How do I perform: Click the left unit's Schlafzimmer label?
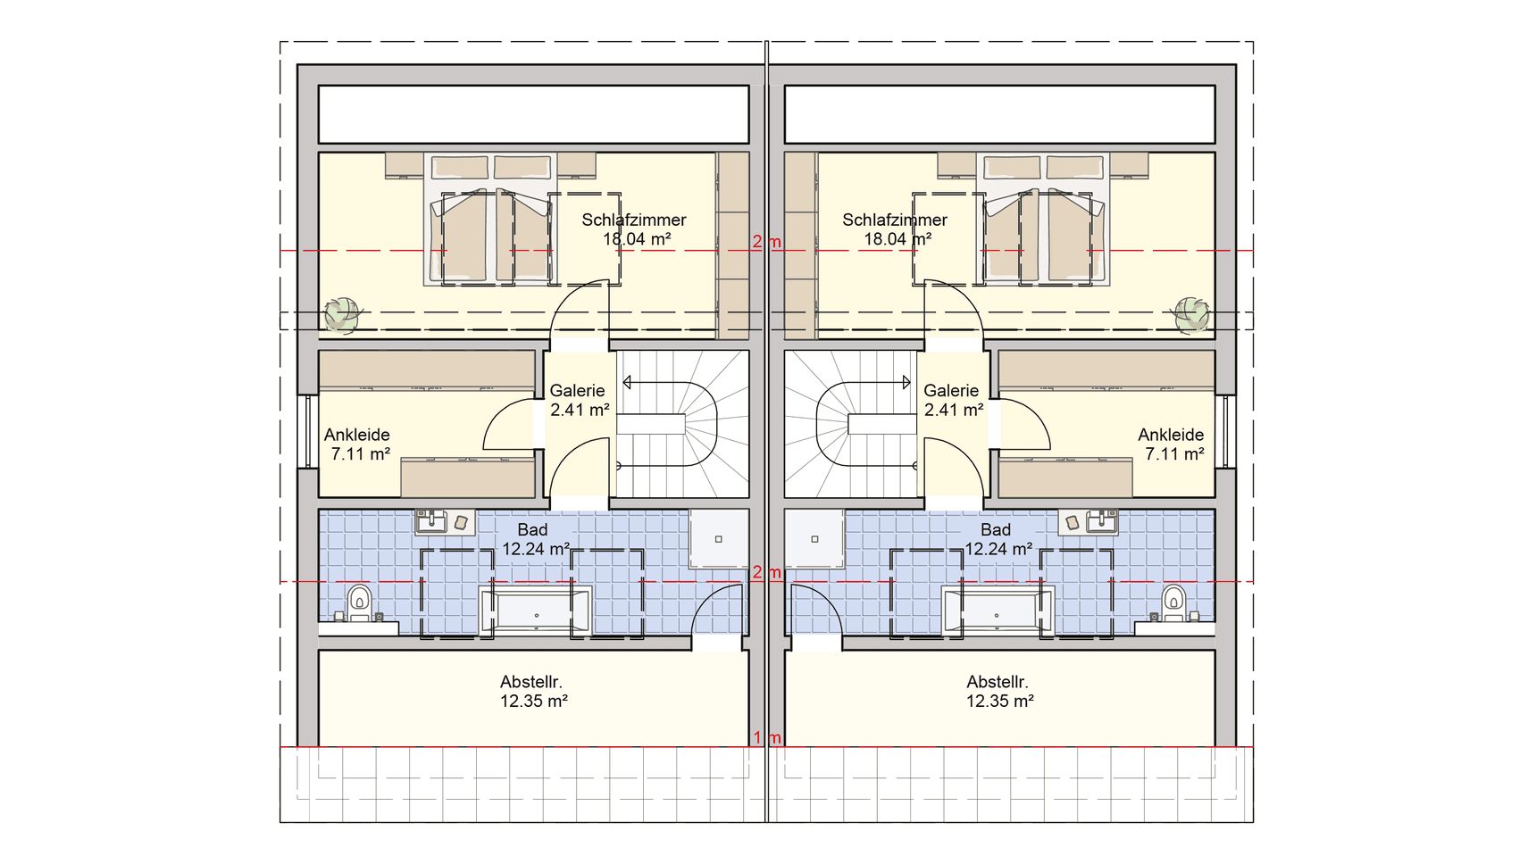click(634, 220)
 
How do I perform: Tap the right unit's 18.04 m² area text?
click(897, 239)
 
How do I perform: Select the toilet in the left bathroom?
click(359, 603)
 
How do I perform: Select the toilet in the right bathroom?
click(1173, 603)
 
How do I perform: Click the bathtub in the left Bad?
click(536, 611)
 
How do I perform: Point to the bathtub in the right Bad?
click(998, 611)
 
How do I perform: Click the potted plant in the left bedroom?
click(342, 314)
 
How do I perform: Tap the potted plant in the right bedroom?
click(1191, 314)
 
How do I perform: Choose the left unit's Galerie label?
click(577, 391)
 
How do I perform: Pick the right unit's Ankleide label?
click(1171, 435)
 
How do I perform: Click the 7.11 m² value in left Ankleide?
click(361, 454)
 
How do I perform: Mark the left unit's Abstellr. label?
click(531, 682)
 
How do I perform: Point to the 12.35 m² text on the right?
click(1000, 702)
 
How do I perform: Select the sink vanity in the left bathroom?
click(445, 522)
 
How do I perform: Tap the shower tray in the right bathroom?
click(814, 538)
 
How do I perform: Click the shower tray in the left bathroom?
click(719, 538)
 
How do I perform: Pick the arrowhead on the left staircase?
click(627, 383)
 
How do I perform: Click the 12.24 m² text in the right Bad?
click(999, 550)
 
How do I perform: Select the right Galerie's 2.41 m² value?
click(954, 411)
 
